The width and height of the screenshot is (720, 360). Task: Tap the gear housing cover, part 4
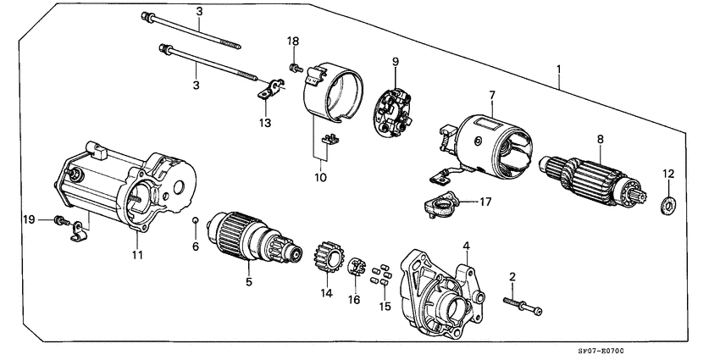click(x=442, y=291)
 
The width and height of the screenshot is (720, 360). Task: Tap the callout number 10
click(x=319, y=178)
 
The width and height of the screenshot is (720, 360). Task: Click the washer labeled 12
click(x=668, y=203)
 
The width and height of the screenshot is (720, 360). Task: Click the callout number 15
click(x=385, y=306)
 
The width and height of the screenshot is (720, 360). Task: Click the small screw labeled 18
click(x=296, y=65)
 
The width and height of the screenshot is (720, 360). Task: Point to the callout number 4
click(x=465, y=246)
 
